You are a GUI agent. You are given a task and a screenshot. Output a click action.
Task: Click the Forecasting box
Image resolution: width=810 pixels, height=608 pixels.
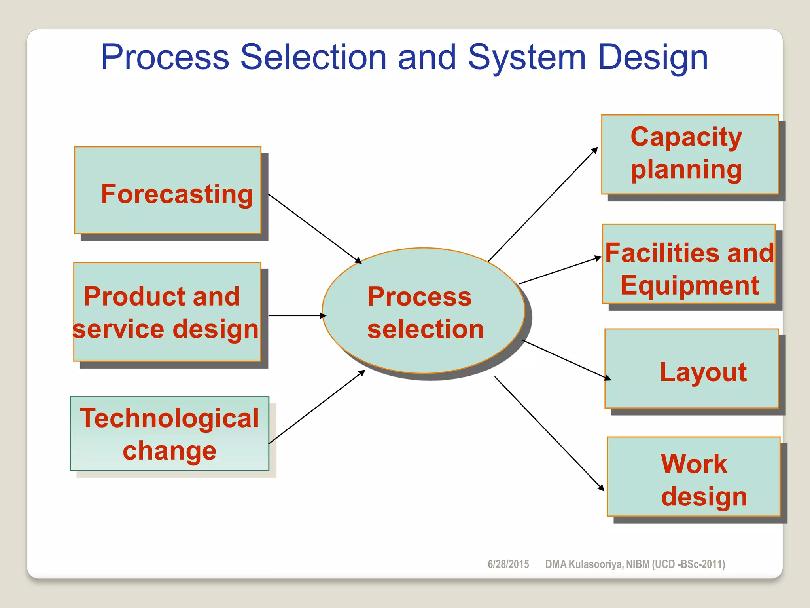(168, 190)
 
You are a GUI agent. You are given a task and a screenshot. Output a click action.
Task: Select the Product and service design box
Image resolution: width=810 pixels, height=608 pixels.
(167, 312)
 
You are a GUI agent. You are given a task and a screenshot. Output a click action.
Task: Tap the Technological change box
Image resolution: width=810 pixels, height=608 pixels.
(169, 433)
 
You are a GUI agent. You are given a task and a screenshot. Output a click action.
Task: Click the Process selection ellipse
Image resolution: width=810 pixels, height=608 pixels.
(423, 311)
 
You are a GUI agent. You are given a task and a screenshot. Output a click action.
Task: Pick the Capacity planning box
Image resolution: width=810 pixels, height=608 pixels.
(690, 154)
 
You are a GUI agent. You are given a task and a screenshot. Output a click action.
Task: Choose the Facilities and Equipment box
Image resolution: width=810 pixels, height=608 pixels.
(689, 264)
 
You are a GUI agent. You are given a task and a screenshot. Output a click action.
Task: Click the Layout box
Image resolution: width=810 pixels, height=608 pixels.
(691, 369)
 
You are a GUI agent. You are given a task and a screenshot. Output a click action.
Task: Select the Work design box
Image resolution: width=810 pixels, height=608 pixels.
(693, 477)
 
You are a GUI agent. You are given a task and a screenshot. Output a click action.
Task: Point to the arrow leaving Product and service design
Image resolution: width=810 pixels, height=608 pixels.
(297, 316)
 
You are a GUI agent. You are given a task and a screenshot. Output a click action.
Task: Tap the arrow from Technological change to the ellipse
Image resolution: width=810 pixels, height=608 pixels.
(316, 407)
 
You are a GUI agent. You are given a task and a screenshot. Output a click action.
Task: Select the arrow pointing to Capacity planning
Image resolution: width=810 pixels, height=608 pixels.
(543, 205)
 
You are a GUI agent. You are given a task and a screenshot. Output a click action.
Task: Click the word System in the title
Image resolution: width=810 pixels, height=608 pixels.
(526, 57)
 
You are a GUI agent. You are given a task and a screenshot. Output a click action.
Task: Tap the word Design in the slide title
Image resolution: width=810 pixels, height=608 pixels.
(653, 57)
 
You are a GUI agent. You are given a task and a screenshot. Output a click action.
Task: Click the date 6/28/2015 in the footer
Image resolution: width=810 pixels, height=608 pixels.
(508, 564)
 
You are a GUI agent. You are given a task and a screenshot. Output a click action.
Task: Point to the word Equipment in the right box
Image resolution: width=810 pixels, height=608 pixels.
(689, 285)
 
